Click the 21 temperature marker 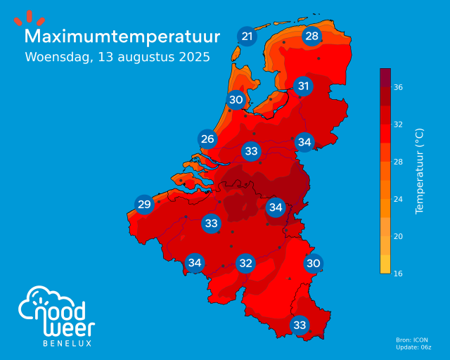click(247, 37)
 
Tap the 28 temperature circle click(311, 37)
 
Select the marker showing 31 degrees click(303, 86)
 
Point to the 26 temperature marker click(207, 139)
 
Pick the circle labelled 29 click(144, 205)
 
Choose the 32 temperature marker click(245, 264)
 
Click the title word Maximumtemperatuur click(122, 36)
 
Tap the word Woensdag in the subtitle click(56, 57)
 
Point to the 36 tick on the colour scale click(398, 87)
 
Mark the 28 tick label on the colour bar click(398, 162)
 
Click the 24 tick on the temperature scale click(398, 199)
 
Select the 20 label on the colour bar click(398, 236)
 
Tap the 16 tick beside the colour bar click(398, 273)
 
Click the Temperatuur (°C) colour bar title click(420, 171)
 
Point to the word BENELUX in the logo click(67, 343)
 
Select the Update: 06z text click(413, 348)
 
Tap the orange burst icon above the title click(28, 18)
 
